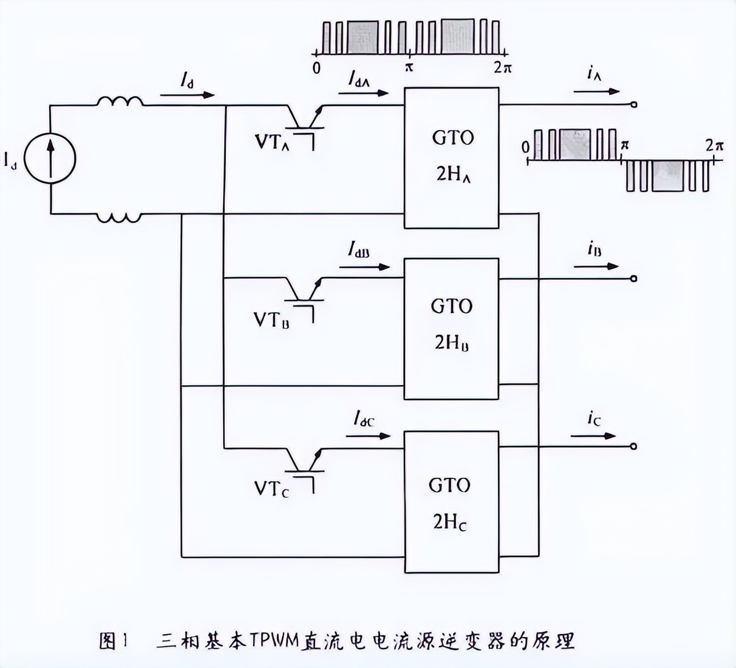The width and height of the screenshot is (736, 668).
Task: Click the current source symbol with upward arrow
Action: (x=51, y=159)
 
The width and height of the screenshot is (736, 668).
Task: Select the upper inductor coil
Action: (x=120, y=102)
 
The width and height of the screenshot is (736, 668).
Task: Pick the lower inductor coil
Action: (x=119, y=218)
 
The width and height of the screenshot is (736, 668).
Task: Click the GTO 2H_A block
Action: (x=451, y=158)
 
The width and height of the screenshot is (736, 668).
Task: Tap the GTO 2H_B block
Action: (x=451, y=328)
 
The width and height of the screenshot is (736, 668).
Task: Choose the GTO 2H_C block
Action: (x=451, y=501)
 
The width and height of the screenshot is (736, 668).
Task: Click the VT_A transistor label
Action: (x=272, y=142)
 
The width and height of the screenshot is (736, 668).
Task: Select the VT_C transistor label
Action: (x=271, y=489)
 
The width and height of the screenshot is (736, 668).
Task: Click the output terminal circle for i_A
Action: (x=634, y=105)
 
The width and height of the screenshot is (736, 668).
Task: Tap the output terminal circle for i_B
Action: (x=634, y=279)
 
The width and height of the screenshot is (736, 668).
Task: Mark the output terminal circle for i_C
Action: (x=634, y=446)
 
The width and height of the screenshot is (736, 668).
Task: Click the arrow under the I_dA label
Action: (x=363, y=93)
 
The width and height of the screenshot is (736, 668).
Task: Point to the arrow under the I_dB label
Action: (x=365, y=267)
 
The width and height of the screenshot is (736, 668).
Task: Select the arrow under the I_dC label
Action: (x=368, y=436)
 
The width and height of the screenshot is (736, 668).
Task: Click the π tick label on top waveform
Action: (x=409, y=68)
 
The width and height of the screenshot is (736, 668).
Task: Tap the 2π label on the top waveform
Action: (x=503, y=68)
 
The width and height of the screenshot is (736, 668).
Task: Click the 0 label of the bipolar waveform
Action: (x=526, y=147)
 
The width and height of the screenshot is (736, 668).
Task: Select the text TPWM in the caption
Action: (x=274, y=640)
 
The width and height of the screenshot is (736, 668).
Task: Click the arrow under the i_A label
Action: (x=596, y=91)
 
